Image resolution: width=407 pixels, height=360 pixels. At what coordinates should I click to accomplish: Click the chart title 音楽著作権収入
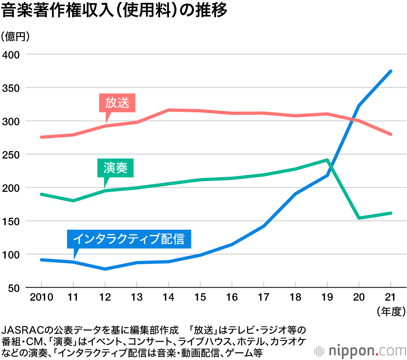tap(114, 11)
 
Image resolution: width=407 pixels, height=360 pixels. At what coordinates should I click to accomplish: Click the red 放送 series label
tap(117, 103)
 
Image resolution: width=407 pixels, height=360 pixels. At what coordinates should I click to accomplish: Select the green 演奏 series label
tap(116, 168)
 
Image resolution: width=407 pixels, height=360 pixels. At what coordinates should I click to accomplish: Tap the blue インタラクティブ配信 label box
tap(129, 239)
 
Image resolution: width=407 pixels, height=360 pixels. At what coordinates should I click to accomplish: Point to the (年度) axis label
tap(391, 312)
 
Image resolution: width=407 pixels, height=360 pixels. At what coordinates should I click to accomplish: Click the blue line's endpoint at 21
tap(391, 71)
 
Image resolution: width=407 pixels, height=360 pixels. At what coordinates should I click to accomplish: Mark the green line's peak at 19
tap(327, 160)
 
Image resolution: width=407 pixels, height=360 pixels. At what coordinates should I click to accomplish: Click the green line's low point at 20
tap(359, 218)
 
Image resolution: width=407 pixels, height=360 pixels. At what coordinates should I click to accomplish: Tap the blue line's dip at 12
tap(105, 269)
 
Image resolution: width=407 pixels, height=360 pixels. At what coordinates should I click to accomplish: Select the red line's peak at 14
tap(168, 110)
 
